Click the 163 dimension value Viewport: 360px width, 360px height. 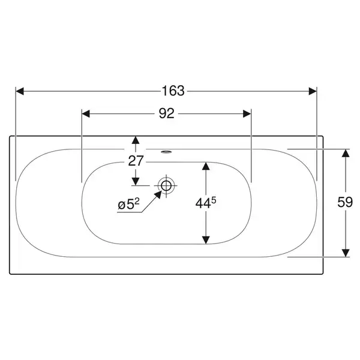[173, 91]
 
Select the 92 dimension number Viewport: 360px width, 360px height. [167, 113]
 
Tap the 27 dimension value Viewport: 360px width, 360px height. [136, 161]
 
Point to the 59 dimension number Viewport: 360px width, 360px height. [345, 202]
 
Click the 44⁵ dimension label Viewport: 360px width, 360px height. [206, 203]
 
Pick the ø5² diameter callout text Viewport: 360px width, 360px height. [128, 204]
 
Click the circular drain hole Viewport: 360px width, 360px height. [166, 185]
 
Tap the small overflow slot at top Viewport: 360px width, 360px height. [166, 152]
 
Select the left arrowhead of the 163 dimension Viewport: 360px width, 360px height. [20, 91]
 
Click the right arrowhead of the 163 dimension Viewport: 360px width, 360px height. [313, 91]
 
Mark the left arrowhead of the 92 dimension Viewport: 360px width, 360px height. [86, 113]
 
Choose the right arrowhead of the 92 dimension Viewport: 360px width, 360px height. [247, 113]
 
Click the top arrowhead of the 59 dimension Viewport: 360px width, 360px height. [346, 153]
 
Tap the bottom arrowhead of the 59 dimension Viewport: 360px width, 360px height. [346, 253]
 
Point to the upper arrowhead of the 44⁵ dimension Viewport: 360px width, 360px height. [206, 166]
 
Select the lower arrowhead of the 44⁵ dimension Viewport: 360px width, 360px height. [206, 240]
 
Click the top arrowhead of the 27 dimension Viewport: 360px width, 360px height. [136, 140]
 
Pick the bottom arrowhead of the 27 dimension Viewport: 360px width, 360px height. [136, 181]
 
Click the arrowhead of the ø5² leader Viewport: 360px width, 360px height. [158, 194]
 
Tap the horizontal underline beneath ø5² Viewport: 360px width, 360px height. [129, 212]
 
